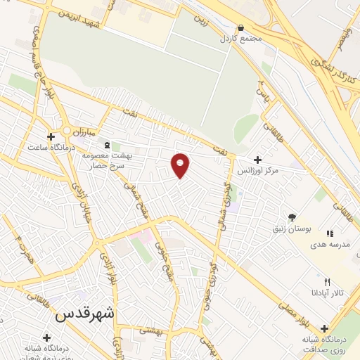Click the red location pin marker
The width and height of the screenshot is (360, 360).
pyautogui.click(x=181, y=165)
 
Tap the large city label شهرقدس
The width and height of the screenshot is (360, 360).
pyautogui.click(x=84, y=314)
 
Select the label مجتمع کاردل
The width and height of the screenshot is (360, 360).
pyautogui.click(x=240, y=38)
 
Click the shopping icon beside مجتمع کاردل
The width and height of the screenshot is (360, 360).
pyautogui.click(x=240, y=28)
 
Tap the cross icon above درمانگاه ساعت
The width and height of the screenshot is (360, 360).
pyautogui.click(x=50, y=136)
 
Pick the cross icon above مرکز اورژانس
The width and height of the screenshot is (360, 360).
pyautogui.click(x=257, y=160)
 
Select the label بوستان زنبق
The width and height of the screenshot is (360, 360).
pyautogui.click(x=292, y=229)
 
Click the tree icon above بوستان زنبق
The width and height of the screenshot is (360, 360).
pyautogui.click(x=292, y=218)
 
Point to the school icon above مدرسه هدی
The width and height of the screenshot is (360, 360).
pyautogui.click(x=329, y=233)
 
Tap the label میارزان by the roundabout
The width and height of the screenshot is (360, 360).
pyautogui.click(x=89, y=131)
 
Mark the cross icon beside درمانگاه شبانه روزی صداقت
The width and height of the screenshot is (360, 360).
pyautogui.click(x=324, y=328)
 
